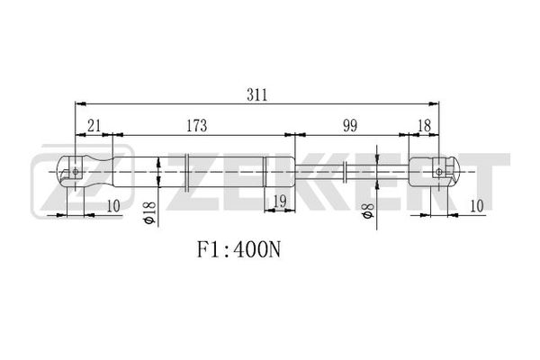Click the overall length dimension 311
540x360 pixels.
[256, 94]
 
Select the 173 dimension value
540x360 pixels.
[196, 126]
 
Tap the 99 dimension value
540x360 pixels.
[350, 126]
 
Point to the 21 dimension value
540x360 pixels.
[94, 126]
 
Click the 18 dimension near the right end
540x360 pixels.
[424, 126]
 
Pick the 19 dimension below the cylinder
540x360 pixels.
[279, 202]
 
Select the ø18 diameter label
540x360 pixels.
[149, 213]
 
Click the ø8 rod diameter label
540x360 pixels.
[367, 211]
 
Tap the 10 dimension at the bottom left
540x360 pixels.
[113, 206]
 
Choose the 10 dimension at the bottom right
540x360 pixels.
[477, 206]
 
